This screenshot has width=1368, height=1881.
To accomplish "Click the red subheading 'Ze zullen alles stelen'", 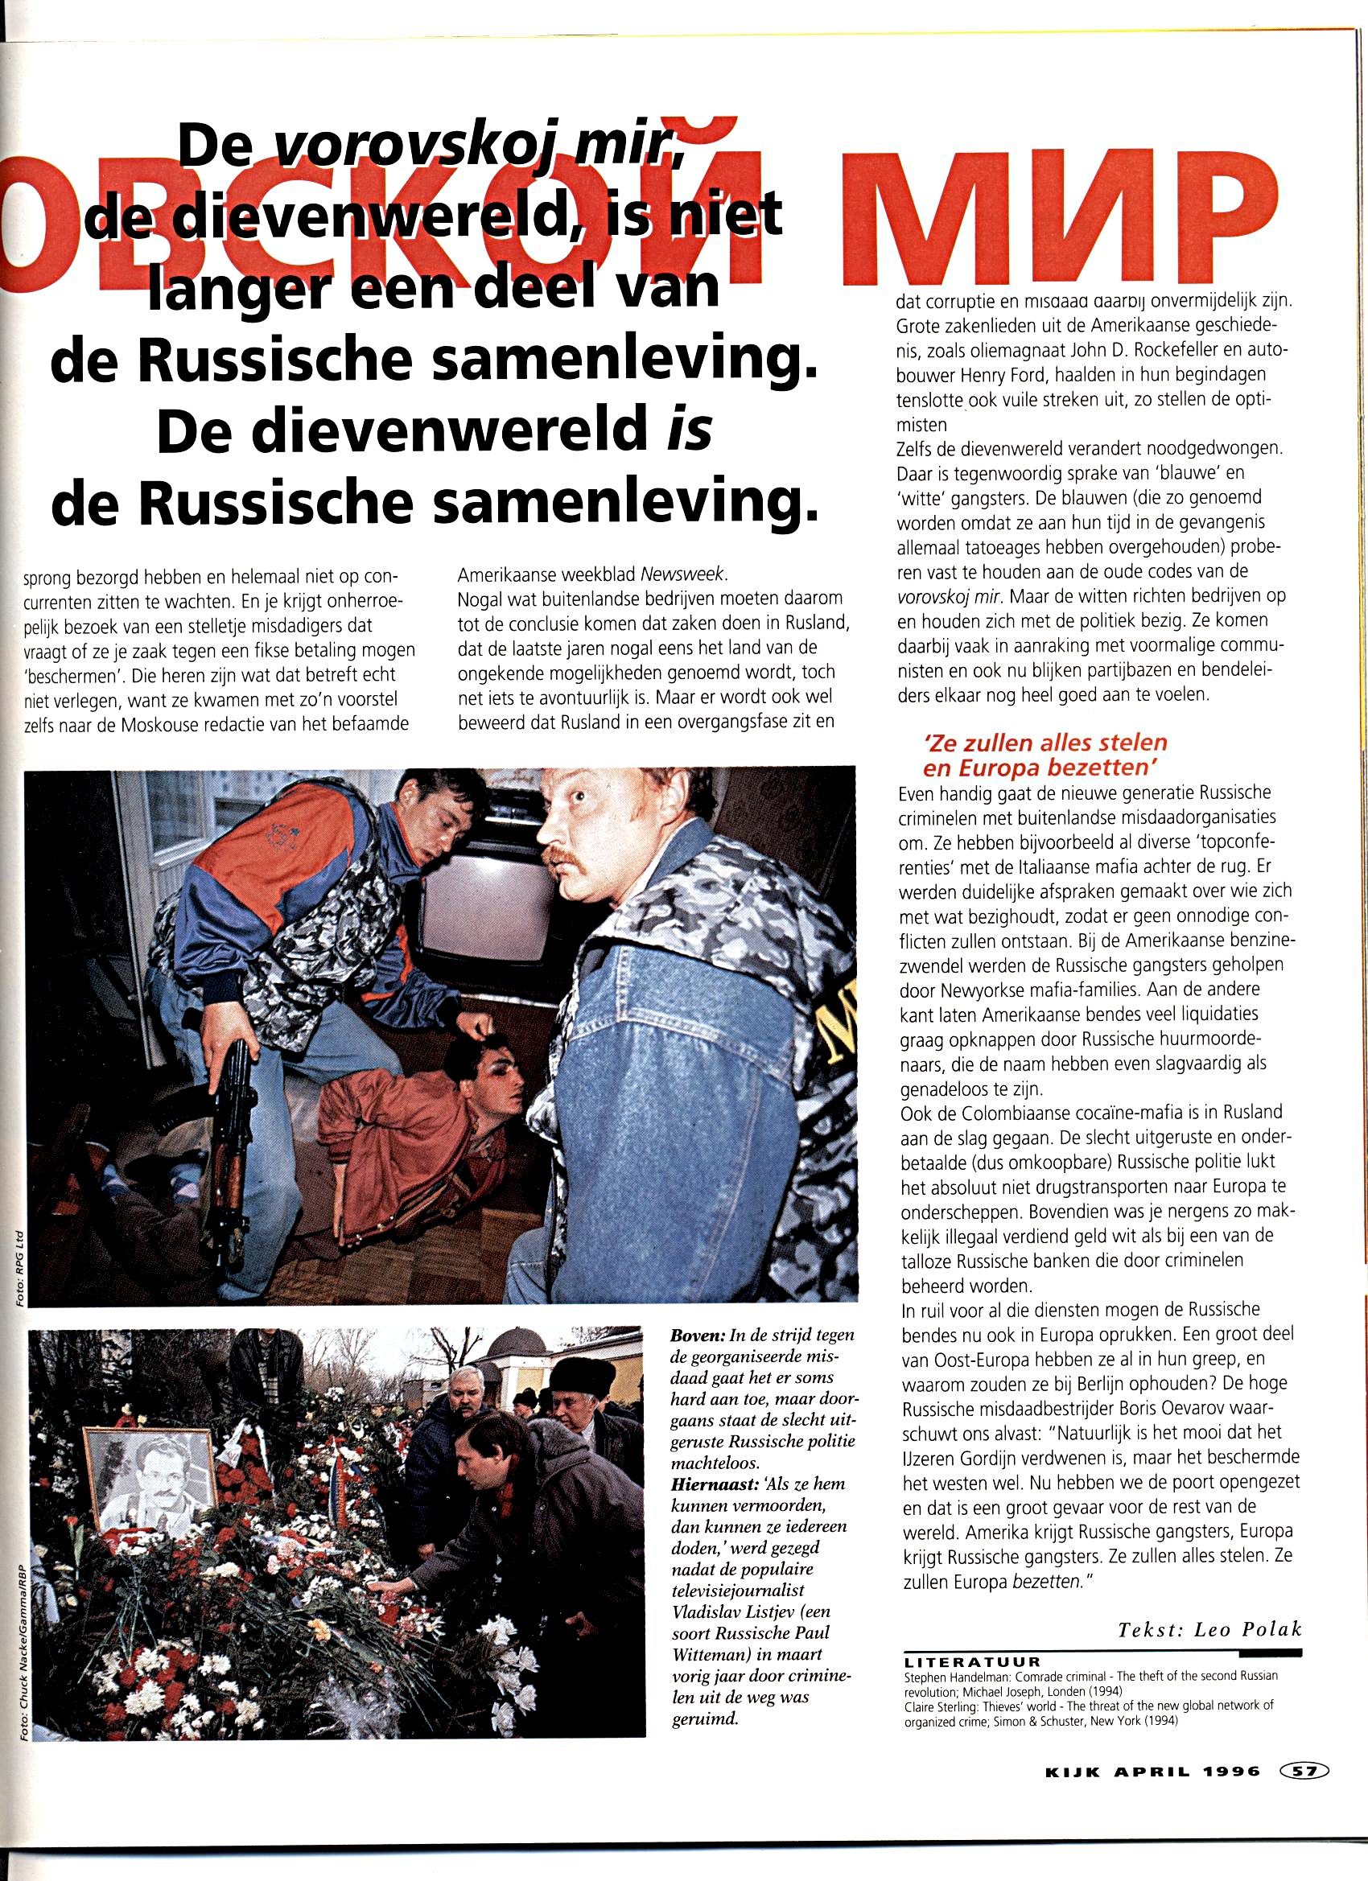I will coord(1045,743).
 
